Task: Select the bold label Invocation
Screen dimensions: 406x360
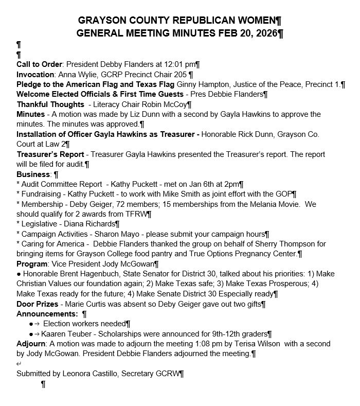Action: point(35,74)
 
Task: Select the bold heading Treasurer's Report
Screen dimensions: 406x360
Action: point(50,154)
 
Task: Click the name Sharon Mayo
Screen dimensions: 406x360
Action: point(113,234)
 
